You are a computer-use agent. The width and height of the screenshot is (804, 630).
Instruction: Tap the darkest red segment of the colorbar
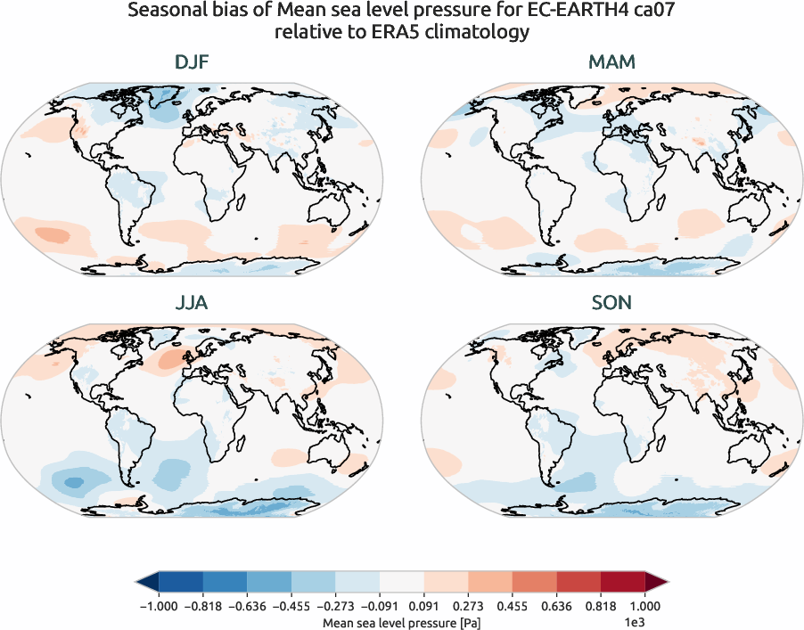pos(623,583)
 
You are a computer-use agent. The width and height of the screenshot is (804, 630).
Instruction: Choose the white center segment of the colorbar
pos(402,583)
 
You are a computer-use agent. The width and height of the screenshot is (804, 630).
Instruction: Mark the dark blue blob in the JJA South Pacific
pos(73,482)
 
